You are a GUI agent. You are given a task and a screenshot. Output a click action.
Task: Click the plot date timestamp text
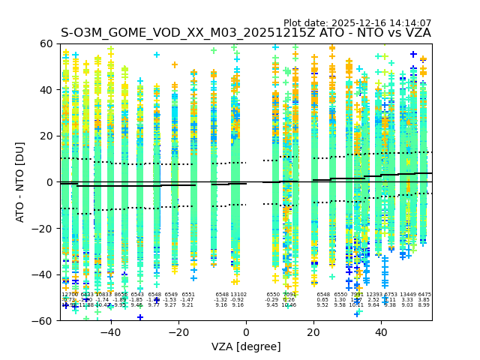(x=357, y=23)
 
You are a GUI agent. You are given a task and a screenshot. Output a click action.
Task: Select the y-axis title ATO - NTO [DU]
(x=20, y=182)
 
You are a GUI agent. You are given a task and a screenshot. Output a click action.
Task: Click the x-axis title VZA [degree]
(x=246, y=346)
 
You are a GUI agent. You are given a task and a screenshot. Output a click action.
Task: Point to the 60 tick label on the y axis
(x=46, y=43)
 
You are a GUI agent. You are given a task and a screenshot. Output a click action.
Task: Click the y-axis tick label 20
(x=46, y=136)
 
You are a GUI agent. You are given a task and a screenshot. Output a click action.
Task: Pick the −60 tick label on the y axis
(x=43, y=320)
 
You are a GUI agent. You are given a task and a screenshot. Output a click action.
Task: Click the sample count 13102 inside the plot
(x=238, y=295)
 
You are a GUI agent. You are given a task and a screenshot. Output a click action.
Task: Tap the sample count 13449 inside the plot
(x=408, y=295)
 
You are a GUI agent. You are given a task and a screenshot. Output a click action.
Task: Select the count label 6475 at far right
(x=424, y=295)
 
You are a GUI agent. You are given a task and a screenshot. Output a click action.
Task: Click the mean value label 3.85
(x=424, y=300)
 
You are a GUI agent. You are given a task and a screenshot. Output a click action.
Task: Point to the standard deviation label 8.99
(x=424, y=305)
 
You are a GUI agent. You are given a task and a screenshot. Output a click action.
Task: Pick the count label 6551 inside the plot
(x=187, y=295)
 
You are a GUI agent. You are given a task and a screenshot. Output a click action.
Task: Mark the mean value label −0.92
(x=238, y=300)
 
